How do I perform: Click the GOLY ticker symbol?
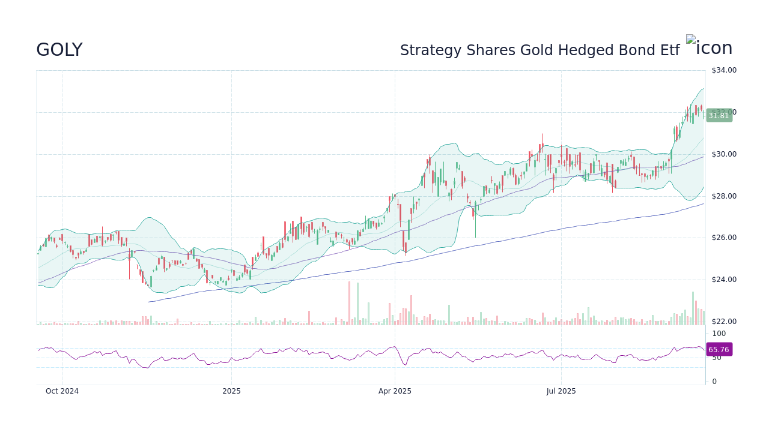click(x=59, y=50)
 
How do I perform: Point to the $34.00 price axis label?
click(x=723, y=70)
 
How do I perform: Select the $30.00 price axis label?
click(x=723, y=154)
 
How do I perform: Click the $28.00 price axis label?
click(x=723, y=196)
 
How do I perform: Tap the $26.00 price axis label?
click(x=723, y=238)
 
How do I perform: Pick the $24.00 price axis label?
click(x=723, y=280)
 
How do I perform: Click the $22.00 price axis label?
click(x=723, y=322)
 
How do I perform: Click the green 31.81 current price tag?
click(x=719, y=116)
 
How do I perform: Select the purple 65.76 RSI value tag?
click(x=719, y=350)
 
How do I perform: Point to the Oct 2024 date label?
click(x=62, y=391)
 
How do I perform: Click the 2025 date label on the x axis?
click(x=231, y=391)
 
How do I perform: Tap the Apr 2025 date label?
click(x=395, y=391)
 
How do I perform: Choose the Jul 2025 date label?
click(x=561, y=391)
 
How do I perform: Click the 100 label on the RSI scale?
click(x=719, y=334)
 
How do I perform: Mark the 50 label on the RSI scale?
click(x=717, y=358)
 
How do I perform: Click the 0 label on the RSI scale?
click(x=714, y=382)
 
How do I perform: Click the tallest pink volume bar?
click(x=349, y=304)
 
